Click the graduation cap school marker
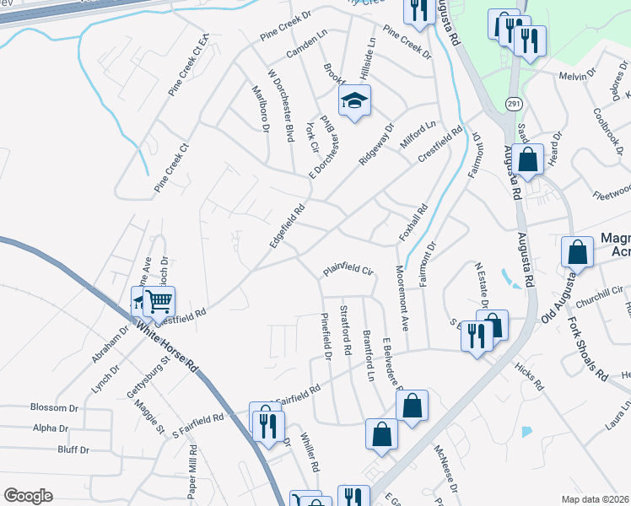tap(355, 102)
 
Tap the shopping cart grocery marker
tap(159, 300)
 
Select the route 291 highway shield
tap(513, 103)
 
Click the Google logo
tap(28, 496)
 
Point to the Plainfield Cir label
tap(346, 272)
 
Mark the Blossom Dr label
tap(54, 406)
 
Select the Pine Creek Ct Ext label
tap(189, 66)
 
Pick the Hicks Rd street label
tap(527, 376)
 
